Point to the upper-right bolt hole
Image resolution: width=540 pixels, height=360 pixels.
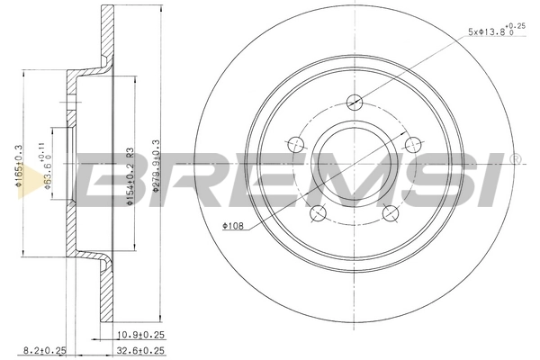[x=413, y=142]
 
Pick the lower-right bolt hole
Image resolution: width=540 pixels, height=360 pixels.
[x=391, y=212]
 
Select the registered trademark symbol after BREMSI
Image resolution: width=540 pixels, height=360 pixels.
[x=515, y=159]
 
